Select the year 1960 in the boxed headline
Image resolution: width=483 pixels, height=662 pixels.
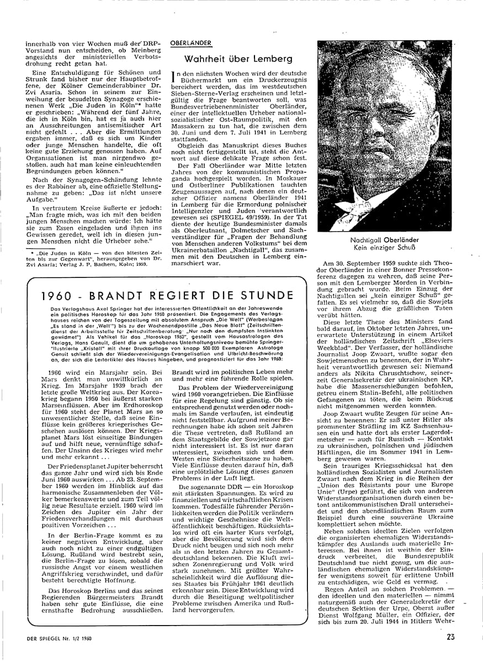click(x=59, y=295)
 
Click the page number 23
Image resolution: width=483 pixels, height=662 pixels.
click(x=451, y=637)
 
